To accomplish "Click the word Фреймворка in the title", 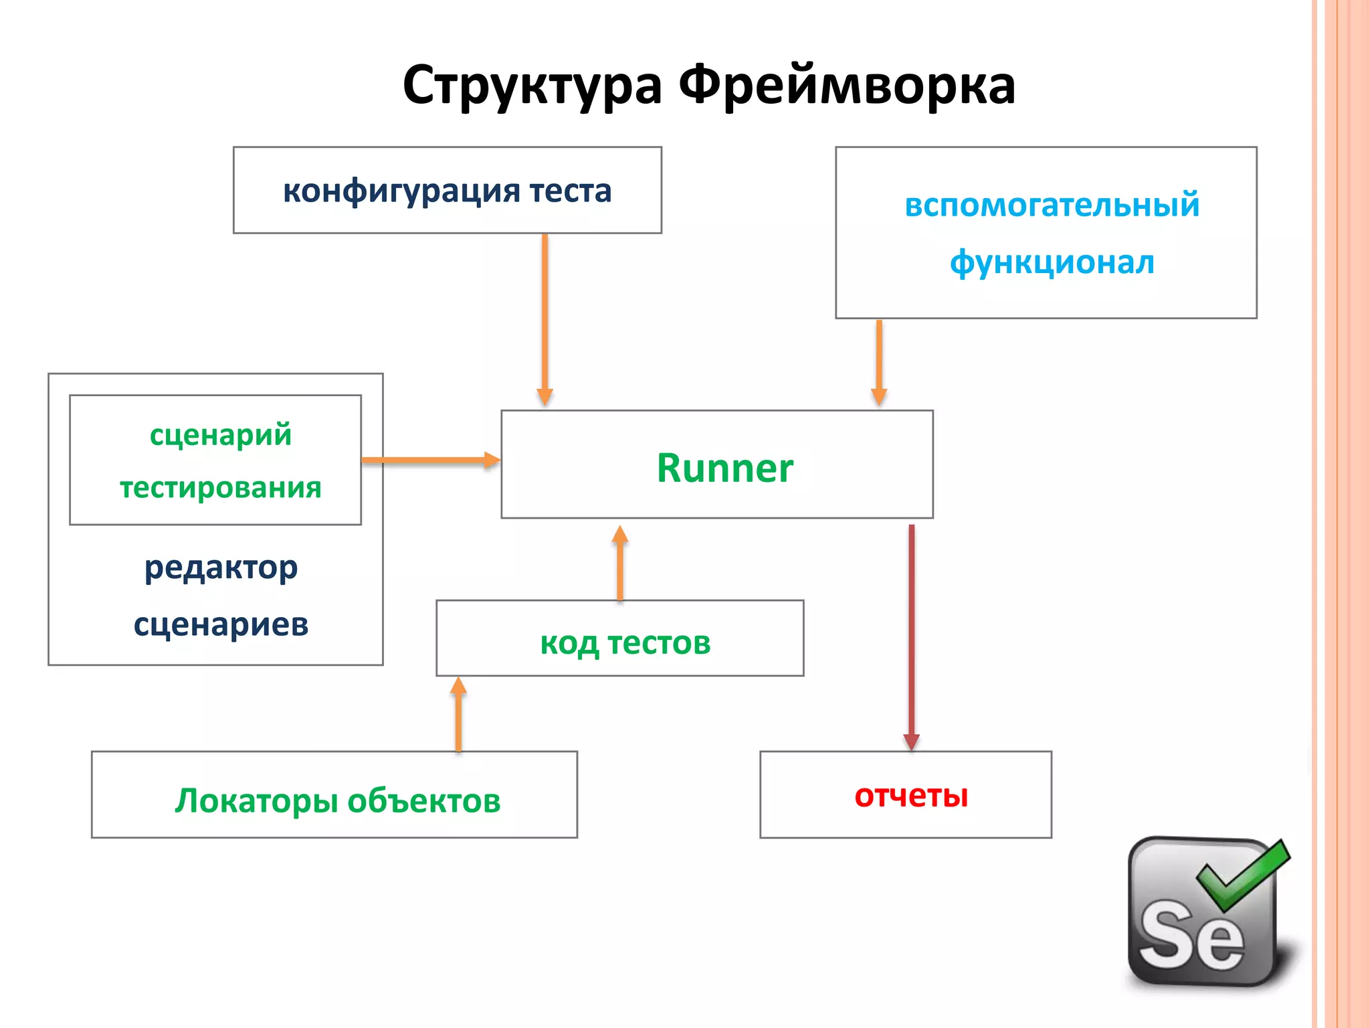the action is pyautogui.click(x=847, y=86).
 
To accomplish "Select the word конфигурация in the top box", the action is pyautogui.click(x=401, y=191).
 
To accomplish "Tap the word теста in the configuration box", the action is pyautogui.click(x=571, y=191).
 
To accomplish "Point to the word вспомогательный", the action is pyautogui.click(x=1052, y=205).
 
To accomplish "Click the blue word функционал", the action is pyautogui.click(x=1052, y=262).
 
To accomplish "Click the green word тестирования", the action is pyautogui.click(x=220, y=487).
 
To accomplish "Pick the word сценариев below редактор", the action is pyautogui.click(x=221, y=625).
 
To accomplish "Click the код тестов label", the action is pyautogui.click(x=625, y=643).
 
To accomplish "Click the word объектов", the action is pyautogui.click(x=423, y=800).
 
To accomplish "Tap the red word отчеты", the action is pyautogui.click(x=911, y=796).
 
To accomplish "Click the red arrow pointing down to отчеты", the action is pyautogui.click(x=911, y=636).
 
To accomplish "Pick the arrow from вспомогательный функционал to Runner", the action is pyautogui.click(x=879, y=361).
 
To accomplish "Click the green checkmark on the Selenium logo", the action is pyautogui.click(x=1243, y=873).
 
